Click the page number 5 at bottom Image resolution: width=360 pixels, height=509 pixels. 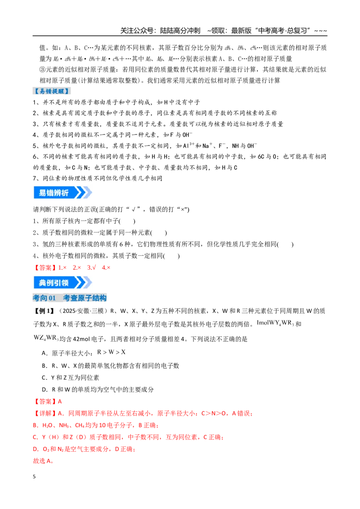click(x=35, y=477)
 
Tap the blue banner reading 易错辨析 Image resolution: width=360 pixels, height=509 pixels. click(x=63, y=192)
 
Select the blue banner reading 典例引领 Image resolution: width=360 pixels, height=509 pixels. click(x=63, y=283)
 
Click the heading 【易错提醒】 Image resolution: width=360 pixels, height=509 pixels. click(x=52, y=91)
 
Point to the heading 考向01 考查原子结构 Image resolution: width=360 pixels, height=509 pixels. click(x=70, y=298)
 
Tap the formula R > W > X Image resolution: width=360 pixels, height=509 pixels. click(x=112, y=352)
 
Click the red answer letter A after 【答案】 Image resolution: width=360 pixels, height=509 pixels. click(x=60, y=402)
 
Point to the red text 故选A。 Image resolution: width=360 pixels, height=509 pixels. click(x=43, y=461)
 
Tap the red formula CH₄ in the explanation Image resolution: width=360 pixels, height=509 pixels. click(x=80, y=425)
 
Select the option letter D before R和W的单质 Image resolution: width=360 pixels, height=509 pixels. click(x=45, y=389)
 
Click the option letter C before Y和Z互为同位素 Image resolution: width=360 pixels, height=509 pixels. click(x=45, y=378)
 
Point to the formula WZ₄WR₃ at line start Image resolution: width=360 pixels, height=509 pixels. click(x=46, y=338)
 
